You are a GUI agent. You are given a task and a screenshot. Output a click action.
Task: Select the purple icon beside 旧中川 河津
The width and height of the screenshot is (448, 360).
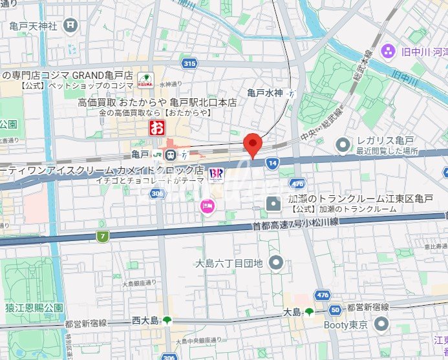(388, 50)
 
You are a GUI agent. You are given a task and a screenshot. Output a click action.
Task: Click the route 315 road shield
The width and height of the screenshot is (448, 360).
(189, 63)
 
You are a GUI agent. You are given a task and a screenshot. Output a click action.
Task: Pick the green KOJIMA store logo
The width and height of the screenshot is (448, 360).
(145, 82)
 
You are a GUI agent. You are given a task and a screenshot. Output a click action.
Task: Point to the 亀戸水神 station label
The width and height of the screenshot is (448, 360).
(265, 93)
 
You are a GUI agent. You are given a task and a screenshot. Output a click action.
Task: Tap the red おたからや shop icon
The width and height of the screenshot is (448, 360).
(156, 127)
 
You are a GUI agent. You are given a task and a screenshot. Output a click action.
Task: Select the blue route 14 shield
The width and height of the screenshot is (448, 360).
(273, 164)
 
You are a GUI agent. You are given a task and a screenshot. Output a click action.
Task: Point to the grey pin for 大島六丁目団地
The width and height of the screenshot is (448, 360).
(277, 262)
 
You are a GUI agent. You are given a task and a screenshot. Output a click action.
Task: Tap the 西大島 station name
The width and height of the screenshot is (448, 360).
(144, 319)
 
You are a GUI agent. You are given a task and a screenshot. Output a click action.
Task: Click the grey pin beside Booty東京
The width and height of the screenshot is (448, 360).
(382, 324)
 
